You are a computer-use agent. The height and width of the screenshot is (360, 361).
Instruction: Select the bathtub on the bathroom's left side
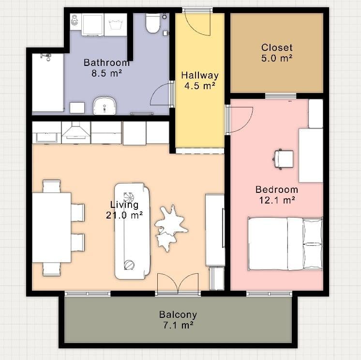click(x=48, y=82)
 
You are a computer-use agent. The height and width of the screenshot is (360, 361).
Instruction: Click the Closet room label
click(x=277, y=47)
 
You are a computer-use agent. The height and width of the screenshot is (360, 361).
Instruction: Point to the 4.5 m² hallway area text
click(x=199, y=86)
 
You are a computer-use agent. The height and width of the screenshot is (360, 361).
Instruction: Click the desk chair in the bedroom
click(x=283, y=158)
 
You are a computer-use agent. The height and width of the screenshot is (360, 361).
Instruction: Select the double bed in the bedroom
click(x=285, y=244)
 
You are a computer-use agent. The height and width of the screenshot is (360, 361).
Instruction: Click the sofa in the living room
click(x=133, y=231)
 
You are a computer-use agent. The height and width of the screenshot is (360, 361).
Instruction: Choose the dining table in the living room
click(x=51, y=228)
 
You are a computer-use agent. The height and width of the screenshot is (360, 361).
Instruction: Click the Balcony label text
click(x=178, y=314)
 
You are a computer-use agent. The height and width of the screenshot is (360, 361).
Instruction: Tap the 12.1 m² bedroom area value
click(x=276, y=199)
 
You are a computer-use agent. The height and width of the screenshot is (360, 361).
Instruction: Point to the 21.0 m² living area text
click(x=124, y=215)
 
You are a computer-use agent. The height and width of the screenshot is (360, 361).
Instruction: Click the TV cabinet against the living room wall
click(x=215, y=230)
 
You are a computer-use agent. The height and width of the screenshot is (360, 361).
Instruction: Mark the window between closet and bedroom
click(x=281, y=95)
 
